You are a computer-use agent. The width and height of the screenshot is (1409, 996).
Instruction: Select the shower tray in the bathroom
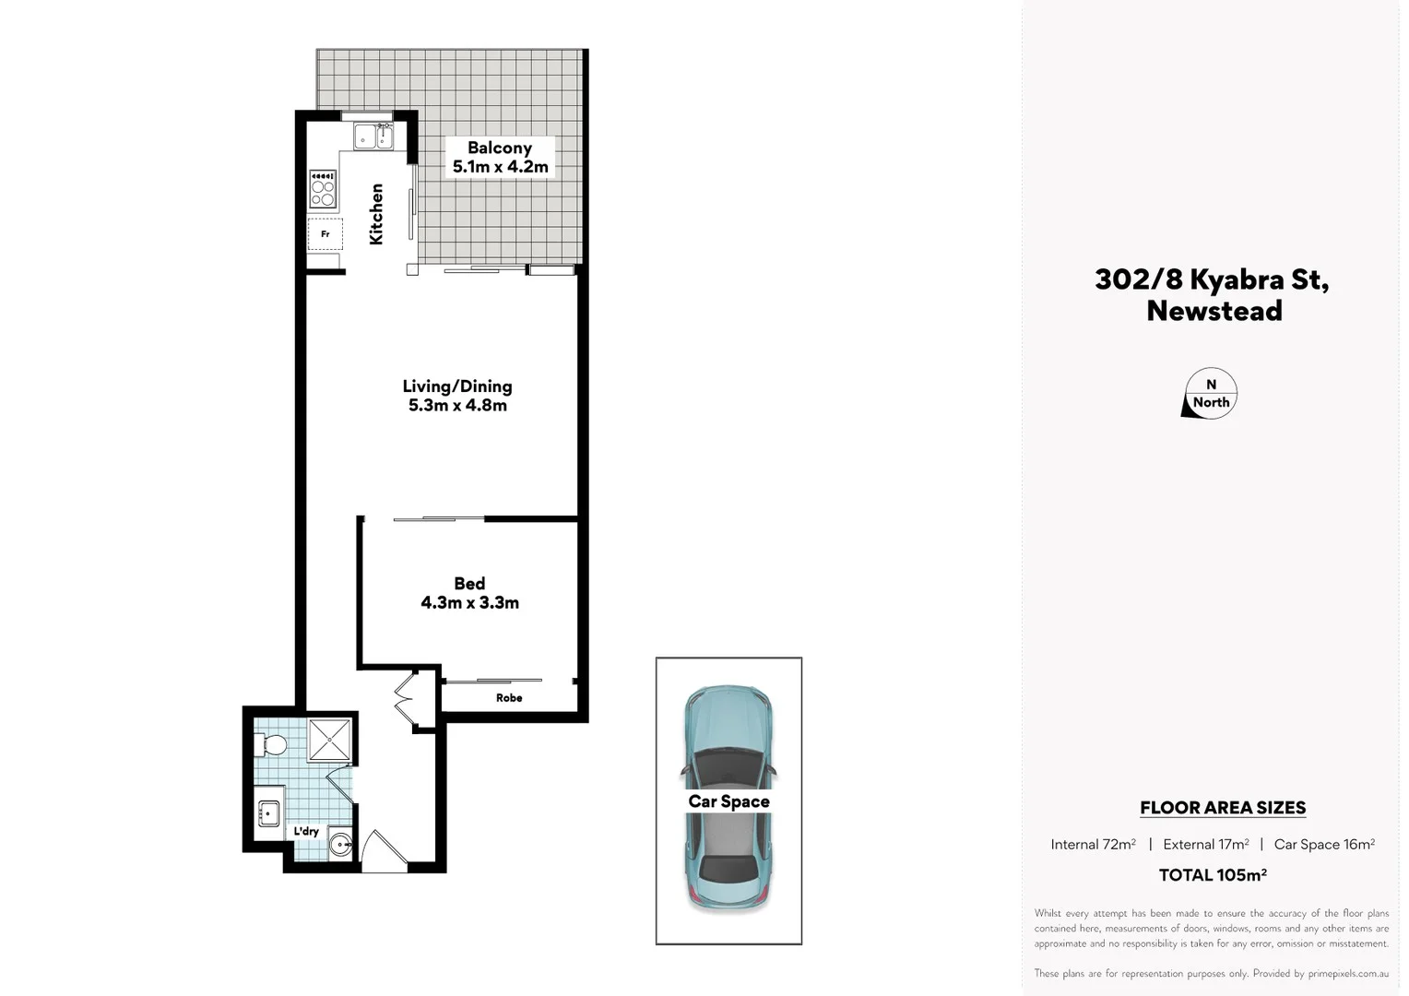(x=329, y=739)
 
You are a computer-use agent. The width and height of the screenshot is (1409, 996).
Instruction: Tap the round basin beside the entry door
(x=341, y=843)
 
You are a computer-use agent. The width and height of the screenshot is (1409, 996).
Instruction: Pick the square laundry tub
(x=268, y=812)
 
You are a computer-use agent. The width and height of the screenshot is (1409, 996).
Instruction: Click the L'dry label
(x=306, y=831)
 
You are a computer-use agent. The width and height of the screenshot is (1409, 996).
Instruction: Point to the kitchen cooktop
(x=323, y=189)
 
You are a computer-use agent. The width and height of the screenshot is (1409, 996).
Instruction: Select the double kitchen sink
(x=373, y=137)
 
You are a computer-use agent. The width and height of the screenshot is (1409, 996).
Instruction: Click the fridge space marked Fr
(x=325, y=234)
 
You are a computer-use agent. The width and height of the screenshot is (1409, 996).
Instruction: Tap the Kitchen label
(x=376, y=214)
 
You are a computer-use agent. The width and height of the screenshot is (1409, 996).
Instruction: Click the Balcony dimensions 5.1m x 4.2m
(x=500, y=167)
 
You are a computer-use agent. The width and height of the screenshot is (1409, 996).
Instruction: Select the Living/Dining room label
(x=457, y=386)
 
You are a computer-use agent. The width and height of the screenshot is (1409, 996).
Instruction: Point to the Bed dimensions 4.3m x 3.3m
(x=469, y=603)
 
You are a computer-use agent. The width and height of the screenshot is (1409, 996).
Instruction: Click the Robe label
(x=509, y=698)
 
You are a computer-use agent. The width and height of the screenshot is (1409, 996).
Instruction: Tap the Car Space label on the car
(x=728, y=801)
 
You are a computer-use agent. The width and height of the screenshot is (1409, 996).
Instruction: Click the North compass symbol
(x=1209, y=394)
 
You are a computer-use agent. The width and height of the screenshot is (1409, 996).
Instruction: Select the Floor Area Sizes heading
(x=1223, y=808)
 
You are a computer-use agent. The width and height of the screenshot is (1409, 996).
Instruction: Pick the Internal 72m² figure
(x=1093, y=844)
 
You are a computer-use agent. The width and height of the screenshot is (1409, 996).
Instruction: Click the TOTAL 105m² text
(x=1213, y=875)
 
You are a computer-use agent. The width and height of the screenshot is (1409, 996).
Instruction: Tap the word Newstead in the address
(x=1214, y=311)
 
